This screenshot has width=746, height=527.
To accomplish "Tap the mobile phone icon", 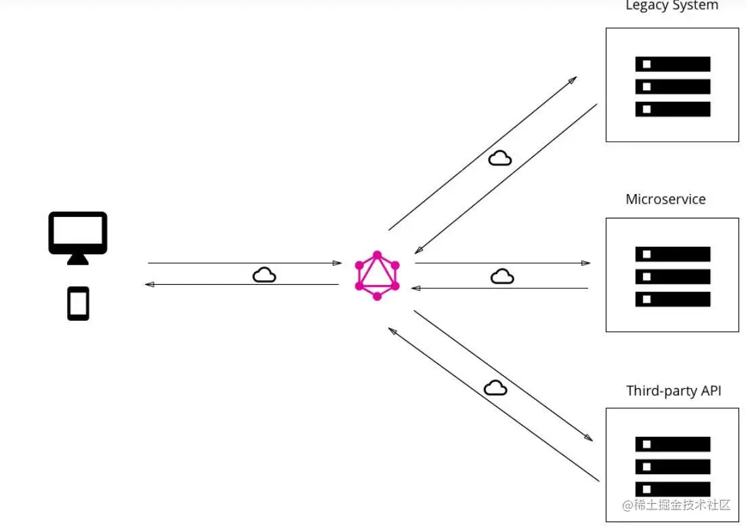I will pos(78,303).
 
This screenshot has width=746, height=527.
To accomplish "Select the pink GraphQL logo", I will pos(377,275).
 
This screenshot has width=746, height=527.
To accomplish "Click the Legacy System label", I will pos(671,6).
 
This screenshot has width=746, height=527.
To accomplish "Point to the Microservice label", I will pos(665,199).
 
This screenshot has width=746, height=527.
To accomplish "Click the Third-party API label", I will pos(674,391).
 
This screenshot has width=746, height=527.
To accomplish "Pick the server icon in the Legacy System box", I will pos(672,86).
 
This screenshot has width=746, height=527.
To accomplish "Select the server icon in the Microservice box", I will pos(672,276).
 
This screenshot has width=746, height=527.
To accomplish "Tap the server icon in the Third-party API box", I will pos(672,466).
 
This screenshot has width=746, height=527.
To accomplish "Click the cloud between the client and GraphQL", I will pos(264,275).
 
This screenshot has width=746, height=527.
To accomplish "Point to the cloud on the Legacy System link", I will pos(500,158).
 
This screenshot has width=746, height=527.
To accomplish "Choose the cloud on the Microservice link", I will pos(502,276).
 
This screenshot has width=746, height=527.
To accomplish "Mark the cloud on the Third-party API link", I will pos(495,387).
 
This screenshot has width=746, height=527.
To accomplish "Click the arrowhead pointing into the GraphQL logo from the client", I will pos(337,263).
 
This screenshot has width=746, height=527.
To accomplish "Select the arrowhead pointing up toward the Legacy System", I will pos(573,80).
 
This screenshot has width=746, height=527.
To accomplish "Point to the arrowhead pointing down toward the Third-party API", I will pos(588,438).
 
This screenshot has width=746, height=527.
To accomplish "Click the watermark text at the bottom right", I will pos(676,505).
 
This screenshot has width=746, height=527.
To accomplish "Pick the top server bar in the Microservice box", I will pos(672,254).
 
